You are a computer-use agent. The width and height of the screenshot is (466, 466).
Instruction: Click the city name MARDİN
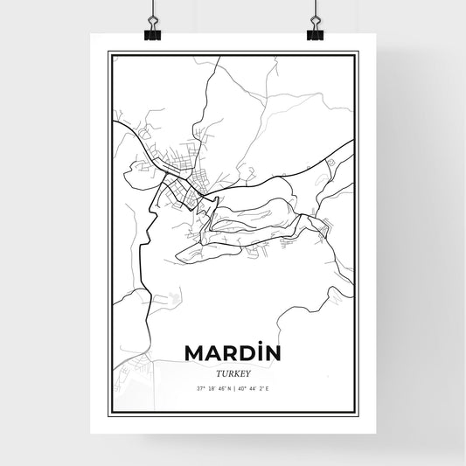pos(233,352)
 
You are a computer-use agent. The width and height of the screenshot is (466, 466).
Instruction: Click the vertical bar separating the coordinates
pos(233,389)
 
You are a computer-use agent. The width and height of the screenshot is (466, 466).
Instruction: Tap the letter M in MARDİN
pos(194,352)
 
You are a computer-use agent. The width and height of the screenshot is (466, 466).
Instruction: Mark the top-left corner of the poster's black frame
pos(108,52)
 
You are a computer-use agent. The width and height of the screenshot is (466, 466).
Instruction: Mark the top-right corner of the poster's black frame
pos(358,52)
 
